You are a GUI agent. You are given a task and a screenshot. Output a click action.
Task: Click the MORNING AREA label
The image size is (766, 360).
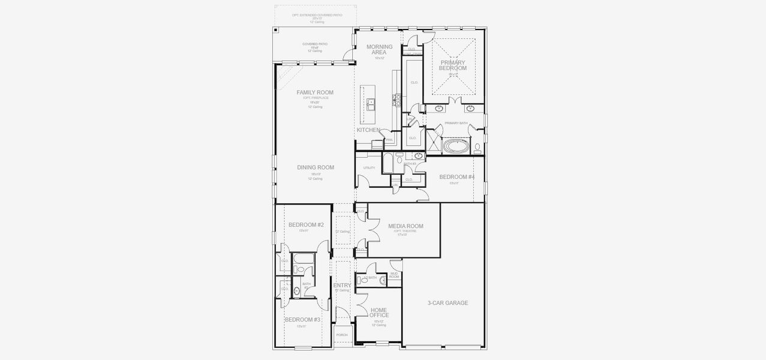tap(379, 49)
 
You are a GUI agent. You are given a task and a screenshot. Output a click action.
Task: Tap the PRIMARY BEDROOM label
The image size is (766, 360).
tap(453, 65)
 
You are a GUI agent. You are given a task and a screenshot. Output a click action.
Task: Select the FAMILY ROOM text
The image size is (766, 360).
tap(315, 92)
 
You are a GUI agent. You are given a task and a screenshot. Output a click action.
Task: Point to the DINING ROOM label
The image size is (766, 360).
tap(315, 167)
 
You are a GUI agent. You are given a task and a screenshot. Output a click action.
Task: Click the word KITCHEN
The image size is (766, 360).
tap(368, 130)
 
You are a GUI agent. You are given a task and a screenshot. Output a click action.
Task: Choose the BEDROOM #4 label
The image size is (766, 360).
tap(456, 177)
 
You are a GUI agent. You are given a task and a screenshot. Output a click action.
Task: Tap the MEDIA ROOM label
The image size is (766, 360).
tap(405, 226)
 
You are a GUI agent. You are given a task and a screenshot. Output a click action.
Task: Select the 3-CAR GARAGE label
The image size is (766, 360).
tap(447, 303)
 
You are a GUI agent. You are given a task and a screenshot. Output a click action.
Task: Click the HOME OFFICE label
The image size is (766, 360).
tap(379, 313)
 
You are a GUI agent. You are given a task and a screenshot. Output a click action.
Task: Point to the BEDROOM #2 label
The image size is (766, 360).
tap(306, 225)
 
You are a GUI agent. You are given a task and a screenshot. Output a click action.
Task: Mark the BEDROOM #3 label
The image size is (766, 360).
tap(302, 320)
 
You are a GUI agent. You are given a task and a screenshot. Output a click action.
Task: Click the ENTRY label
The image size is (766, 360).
tap(342, 286)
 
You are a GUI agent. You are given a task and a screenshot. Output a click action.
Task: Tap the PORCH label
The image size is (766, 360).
tap(342, 335)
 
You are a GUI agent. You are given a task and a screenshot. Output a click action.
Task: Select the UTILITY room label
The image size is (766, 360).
tap(369, 168)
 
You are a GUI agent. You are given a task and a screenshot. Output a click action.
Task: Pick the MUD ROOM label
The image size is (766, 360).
tap(394, 275)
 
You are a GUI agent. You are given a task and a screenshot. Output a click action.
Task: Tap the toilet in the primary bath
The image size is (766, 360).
tap(477, 147)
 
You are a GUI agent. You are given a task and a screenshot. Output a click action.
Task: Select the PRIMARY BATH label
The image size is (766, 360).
tap(456, 123)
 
